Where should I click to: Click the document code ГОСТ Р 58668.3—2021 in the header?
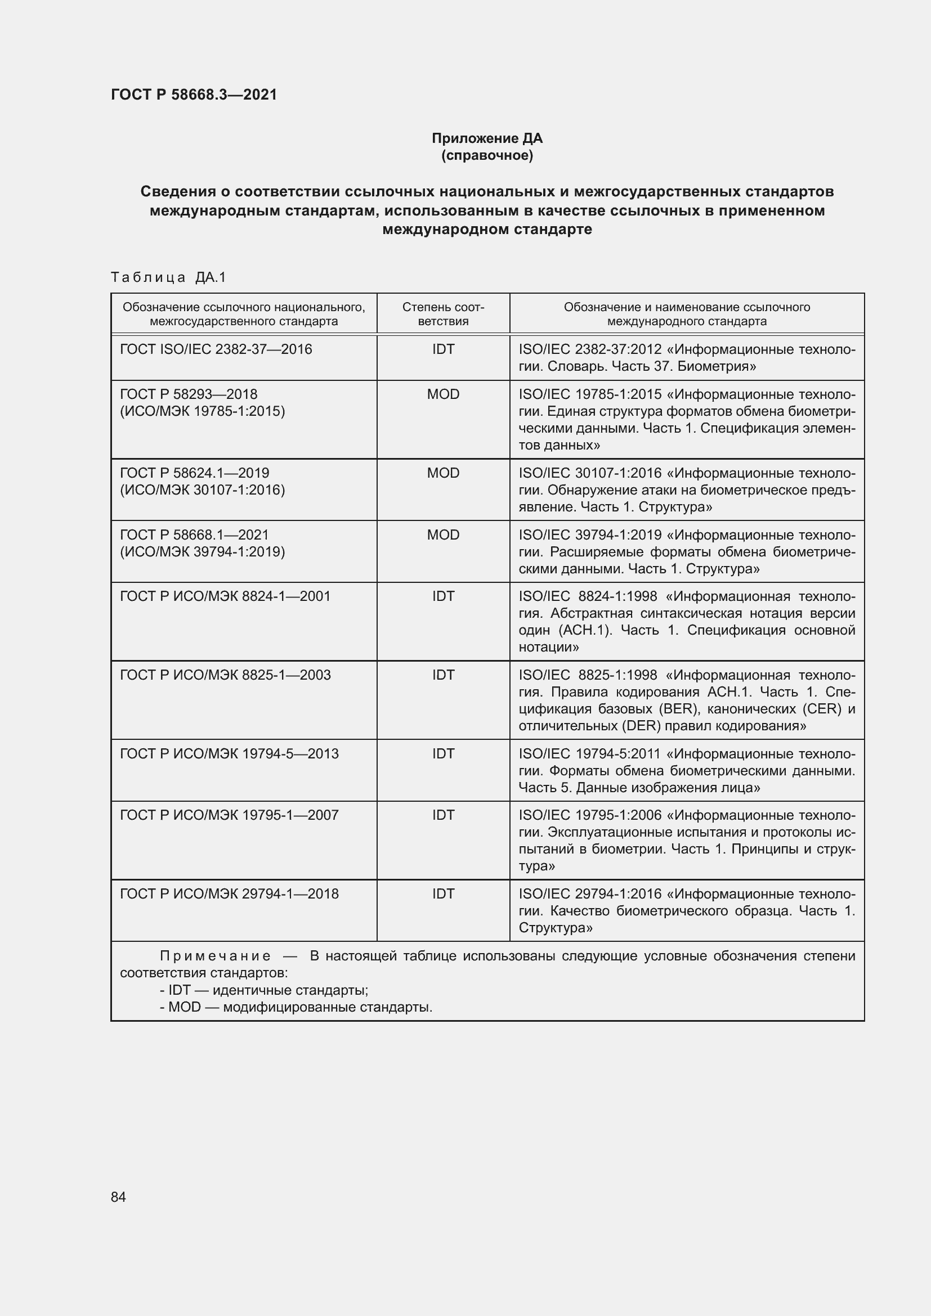[x=194, y=95]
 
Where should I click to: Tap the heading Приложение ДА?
[x=487, y=138]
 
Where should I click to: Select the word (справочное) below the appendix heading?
[x=487, y=155]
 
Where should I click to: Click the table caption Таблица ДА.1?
[x=168, y=277]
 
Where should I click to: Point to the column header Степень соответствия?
[x=442, y=314]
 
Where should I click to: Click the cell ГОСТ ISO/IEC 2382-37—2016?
[x=216, y=349]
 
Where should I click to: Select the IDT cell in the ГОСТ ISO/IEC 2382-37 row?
[x=442, y=349]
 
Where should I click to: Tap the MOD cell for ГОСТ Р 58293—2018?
[x=442, y=394]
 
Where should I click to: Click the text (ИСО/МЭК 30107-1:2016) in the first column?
[x=203, y=490]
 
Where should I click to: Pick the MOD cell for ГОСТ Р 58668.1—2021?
[x=442, y=535]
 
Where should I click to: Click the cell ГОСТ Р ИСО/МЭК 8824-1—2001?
[x=225, y=596]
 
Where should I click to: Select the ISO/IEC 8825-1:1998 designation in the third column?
[x=588, y=675]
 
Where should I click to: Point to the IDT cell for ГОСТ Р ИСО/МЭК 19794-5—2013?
[x=442, y=754]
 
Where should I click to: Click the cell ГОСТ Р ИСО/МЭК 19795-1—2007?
[x=229, y=815]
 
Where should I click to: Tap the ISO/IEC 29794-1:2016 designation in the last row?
[x=590, y=894]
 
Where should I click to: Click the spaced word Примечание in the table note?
[x=215, y=956]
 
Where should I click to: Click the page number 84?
[x=118, y=1197]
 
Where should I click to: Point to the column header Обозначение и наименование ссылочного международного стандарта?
[x=686, y=314]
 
